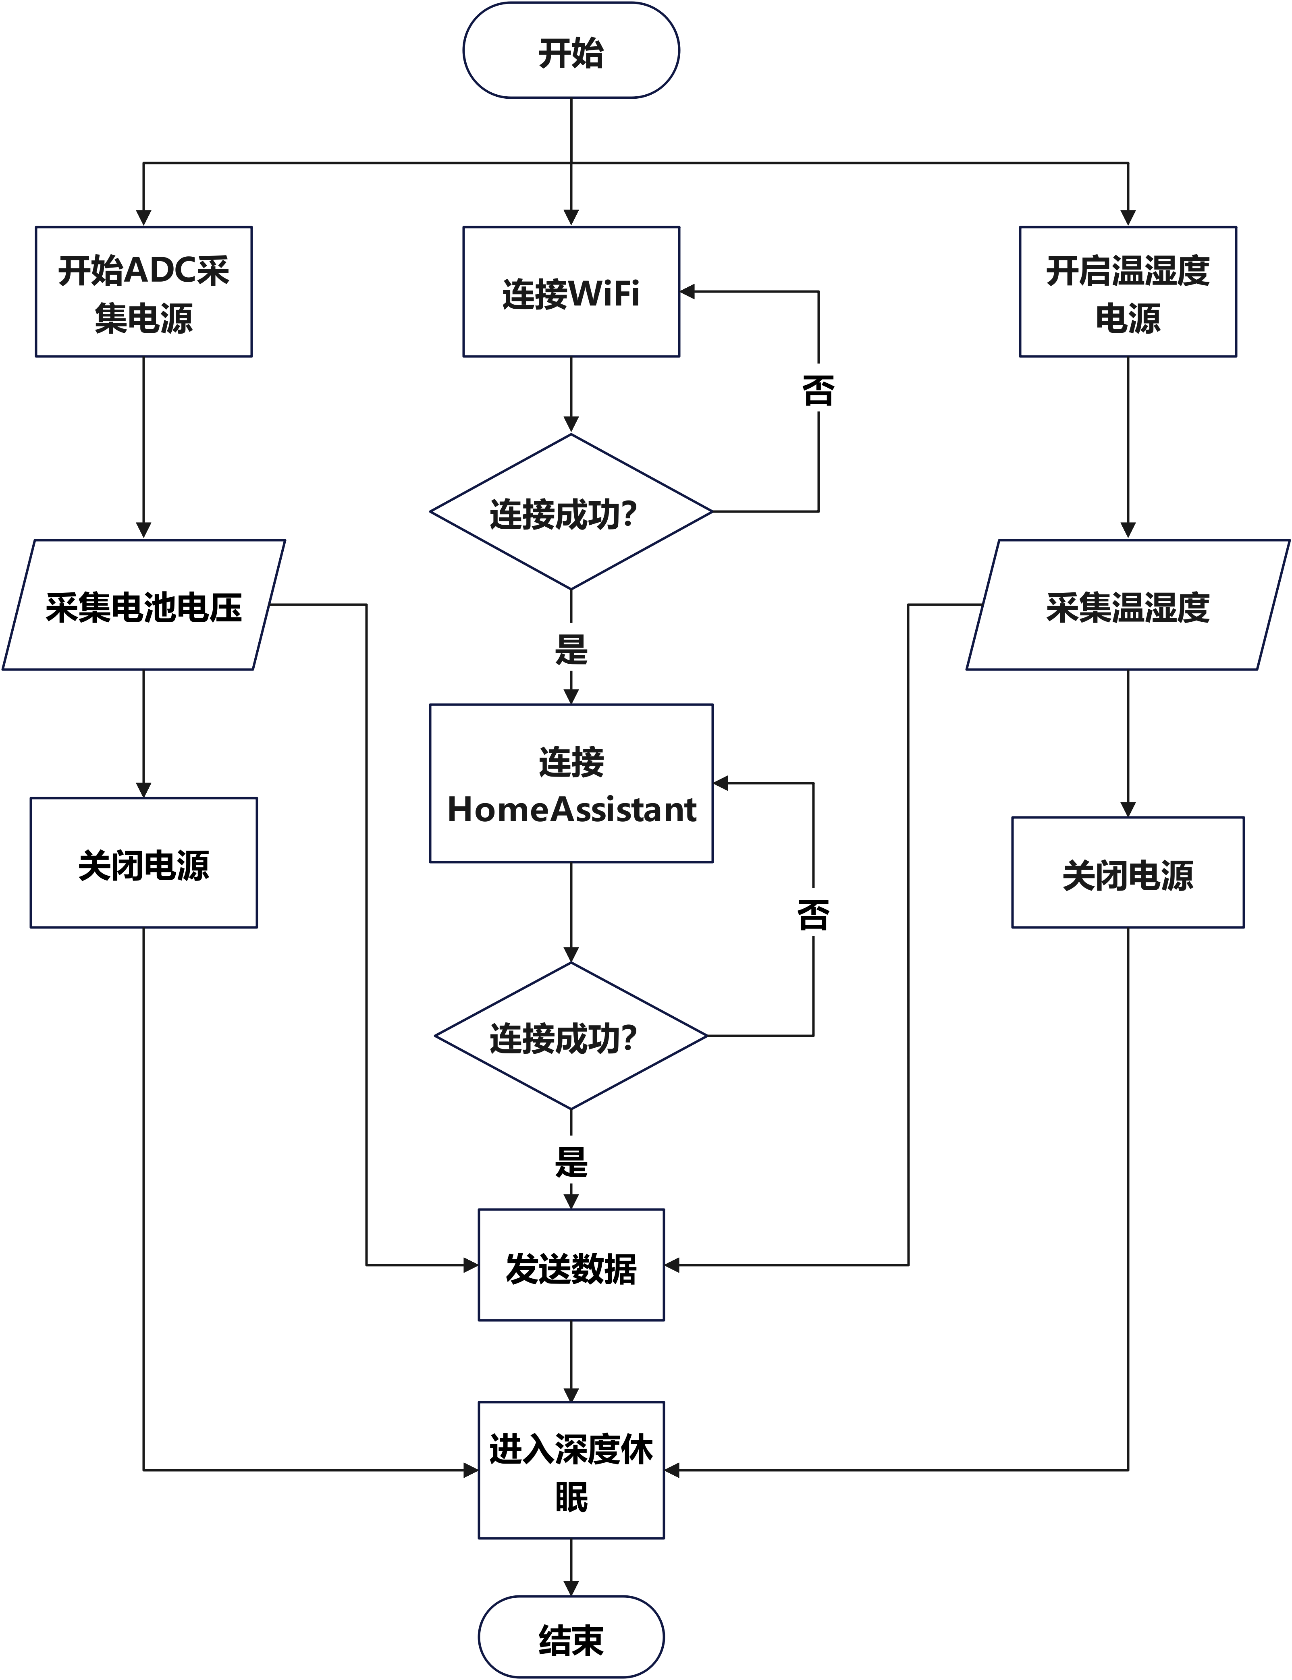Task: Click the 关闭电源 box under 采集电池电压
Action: tap(144, 863)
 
